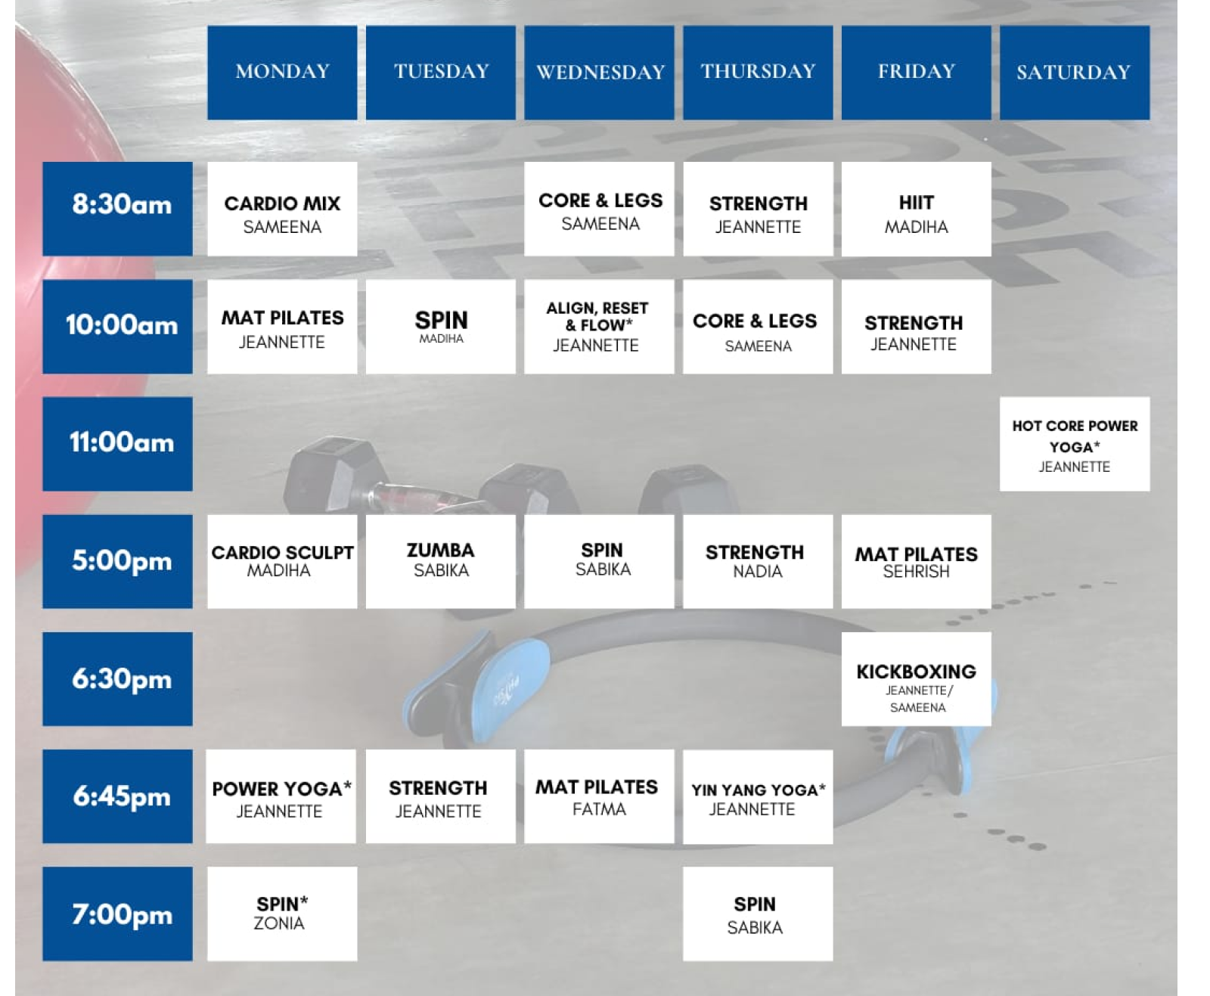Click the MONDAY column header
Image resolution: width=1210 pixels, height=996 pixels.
tap(281, 73)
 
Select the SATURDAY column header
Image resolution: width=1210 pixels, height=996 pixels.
tap(1074, 73)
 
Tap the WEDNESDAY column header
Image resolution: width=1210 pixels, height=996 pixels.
tap(599, 73)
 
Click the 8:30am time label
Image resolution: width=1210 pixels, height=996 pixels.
tap(117, 209)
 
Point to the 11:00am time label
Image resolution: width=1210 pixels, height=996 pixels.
tap(117, 443)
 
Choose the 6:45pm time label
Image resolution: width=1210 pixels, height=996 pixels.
tap(117, 796)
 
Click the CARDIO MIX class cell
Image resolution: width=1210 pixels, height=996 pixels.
tap(281, 209)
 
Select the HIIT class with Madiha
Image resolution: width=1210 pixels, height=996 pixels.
tap(916, 209)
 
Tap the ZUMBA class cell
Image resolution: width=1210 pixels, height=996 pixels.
tap(441, 561)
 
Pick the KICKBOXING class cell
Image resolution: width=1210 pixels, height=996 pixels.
tap(916, 678)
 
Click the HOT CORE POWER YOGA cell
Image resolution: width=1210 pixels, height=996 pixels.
tap(1074, 443)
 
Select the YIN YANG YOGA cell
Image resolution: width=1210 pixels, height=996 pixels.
tap(757, 796)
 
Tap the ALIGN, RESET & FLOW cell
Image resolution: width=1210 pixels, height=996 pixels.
tap(599, 327)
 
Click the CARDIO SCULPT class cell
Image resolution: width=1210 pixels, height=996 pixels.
tap(281, 561)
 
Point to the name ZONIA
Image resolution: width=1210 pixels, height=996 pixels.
tap(279, 923)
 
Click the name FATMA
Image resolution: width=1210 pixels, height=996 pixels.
tap(599, 809)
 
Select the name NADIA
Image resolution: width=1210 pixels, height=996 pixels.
tap(757, 572)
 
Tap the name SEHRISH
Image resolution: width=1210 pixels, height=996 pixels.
tap(916, 572)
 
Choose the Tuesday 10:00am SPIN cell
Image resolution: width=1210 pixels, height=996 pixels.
tap(441, 327)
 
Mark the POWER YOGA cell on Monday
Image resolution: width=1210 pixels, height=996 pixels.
tap(281, 796)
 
